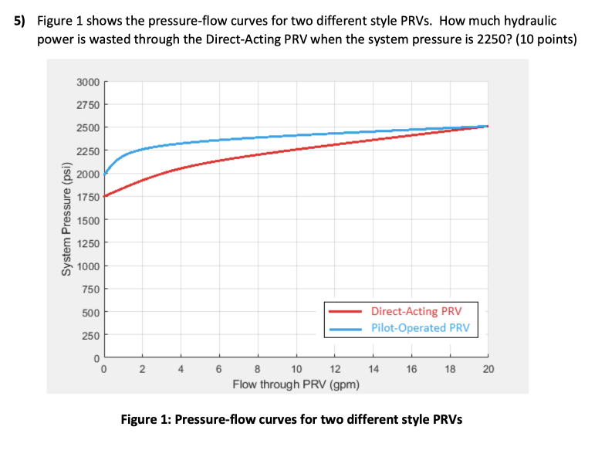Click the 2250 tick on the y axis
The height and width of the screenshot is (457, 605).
click(88, 151)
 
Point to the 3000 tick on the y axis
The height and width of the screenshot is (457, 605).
click(88, 82)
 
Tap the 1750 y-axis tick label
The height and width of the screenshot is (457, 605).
click(88, 197)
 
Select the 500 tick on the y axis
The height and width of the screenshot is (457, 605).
click(91, 313)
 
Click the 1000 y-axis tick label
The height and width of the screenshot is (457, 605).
click(88, 266)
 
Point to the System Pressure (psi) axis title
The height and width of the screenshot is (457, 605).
click(67, 219)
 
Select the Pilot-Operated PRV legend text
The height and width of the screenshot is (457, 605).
click(418, 328)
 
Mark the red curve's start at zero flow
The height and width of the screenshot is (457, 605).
click(104, 196)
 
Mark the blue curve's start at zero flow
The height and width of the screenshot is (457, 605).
click(104, 174)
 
